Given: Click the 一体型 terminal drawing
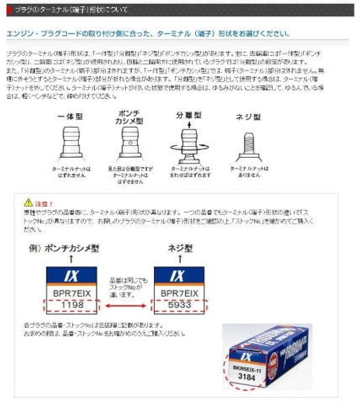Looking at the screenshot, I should click(71, 142).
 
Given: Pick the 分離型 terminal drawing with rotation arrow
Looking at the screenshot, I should click(189, 144).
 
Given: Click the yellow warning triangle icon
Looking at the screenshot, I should click(28, 202).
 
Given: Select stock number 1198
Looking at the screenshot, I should click(72, 305).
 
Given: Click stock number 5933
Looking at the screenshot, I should click(179, 305).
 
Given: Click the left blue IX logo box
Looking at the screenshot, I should click(72, 276).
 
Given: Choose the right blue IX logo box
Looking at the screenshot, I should click(179, 276).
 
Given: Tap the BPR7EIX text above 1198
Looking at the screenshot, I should click(72, 294).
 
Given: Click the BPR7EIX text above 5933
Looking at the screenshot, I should click(179, 294).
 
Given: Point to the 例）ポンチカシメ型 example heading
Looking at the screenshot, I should click(64, 248).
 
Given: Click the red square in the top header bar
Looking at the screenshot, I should click(9, 10).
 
